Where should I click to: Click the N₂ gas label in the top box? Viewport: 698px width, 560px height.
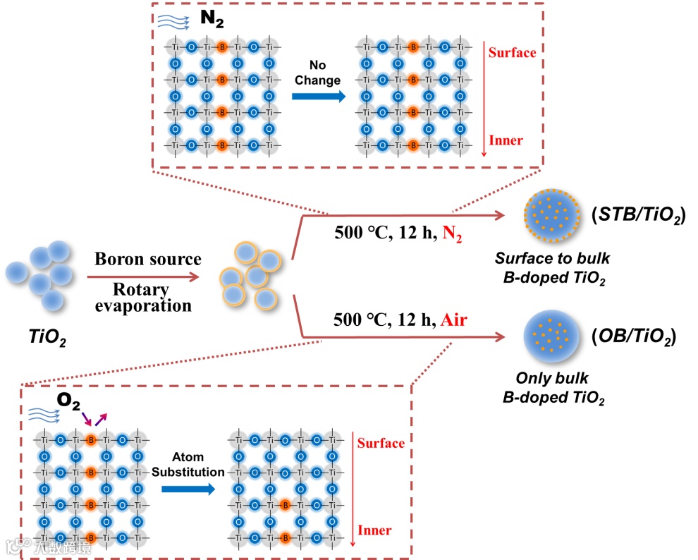[211, 18]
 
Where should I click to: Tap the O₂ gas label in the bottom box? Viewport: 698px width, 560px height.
[69, 403]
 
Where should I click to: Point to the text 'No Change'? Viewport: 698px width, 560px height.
[317, 73]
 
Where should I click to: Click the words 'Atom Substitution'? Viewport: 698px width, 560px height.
[188, 464]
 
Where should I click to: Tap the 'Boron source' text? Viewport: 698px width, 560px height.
[148, 260]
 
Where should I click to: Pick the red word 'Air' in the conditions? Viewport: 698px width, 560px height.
[455, 320]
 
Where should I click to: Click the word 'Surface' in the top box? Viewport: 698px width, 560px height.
[512, 52]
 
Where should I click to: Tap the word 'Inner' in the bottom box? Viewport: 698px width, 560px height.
[374, 530]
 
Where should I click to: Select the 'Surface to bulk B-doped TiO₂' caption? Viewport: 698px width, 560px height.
[551, 268]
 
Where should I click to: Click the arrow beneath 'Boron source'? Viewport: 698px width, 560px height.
[148, 278]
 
